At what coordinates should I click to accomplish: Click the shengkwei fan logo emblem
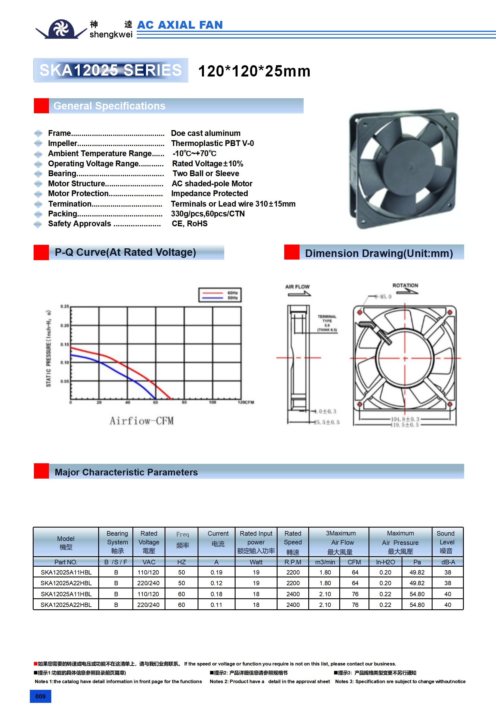click(61, 29)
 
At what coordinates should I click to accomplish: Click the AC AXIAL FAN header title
click(180, 25)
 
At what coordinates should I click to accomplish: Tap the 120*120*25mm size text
click(254, 71)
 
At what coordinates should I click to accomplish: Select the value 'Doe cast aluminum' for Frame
click(206, 133)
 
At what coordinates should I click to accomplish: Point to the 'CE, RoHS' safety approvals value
click(189, 224)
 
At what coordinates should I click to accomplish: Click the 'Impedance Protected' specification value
click(209, 194)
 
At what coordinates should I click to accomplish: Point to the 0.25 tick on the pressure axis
click(65, 307)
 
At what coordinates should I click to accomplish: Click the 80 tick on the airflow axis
click(184, 402)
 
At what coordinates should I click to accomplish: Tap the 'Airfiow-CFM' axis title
click(142, 421)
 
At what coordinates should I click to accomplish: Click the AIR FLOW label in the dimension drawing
click(297, 287)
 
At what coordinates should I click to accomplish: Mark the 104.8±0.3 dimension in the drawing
click(405, 419)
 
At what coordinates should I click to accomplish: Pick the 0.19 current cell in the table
click(216, 572)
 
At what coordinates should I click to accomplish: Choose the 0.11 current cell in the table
click(216, 605)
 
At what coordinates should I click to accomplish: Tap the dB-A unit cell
click(448, 562)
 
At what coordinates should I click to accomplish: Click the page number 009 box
click(40, 696)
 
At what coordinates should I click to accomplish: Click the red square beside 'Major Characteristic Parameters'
click(41, 471)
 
